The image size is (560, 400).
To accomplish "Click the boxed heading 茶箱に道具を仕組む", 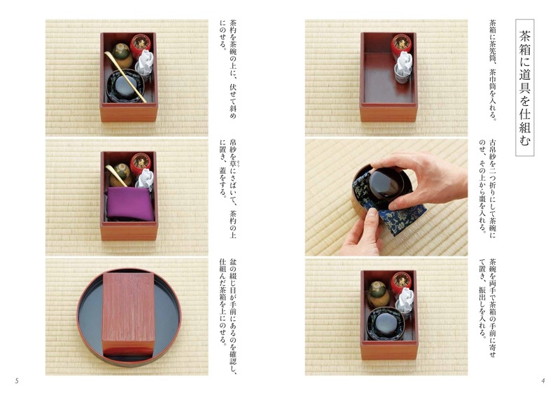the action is point(524,88).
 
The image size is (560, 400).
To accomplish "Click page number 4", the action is point(543,380).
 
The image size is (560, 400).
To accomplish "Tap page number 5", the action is point(16,380).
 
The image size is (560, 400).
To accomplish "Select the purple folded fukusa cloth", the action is point(130,204).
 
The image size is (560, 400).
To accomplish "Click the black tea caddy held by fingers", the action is point(384,183).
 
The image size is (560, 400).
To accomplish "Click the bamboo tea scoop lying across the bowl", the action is point(125,76).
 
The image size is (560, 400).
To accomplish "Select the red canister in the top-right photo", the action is point(401,46).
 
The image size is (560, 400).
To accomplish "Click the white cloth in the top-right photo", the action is point(404,65).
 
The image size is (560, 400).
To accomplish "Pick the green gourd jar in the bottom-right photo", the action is point(379,294).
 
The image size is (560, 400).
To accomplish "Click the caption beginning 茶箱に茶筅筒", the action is point(493,70).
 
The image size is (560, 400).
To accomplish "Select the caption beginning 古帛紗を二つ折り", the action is point(487,186).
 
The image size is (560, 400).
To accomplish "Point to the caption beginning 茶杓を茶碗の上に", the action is point(227,70).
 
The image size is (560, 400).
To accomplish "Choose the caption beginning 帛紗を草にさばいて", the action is point(227,188).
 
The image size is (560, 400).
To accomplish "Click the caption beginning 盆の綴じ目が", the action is point(227,317).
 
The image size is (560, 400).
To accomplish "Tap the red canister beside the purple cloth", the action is point(141,165).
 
